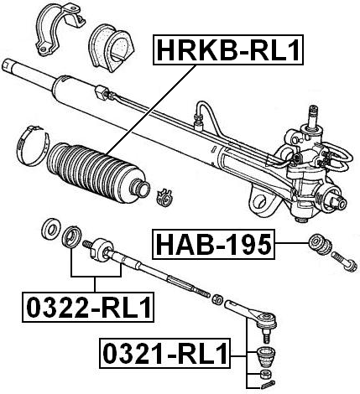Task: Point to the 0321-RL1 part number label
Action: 164,354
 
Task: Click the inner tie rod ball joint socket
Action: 102,249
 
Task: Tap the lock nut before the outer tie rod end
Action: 217,299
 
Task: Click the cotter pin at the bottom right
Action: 263,386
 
